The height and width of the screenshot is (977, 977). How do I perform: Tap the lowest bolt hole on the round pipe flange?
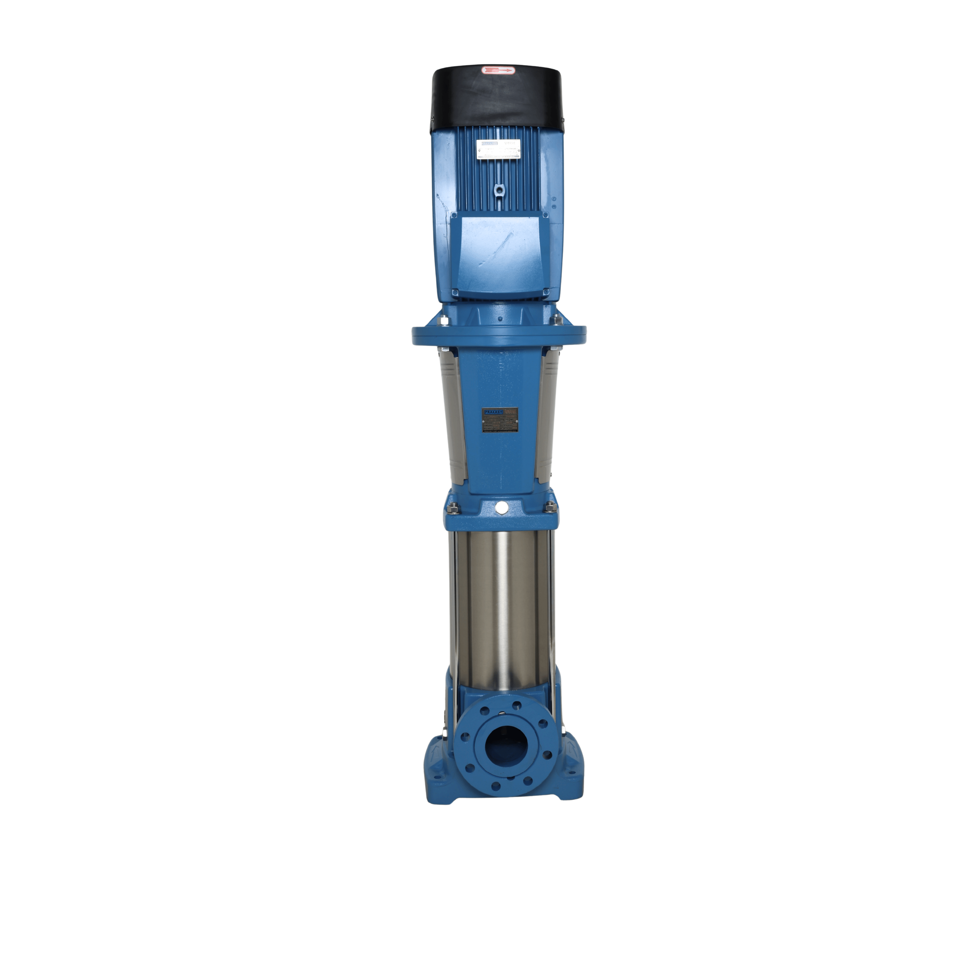point(496,786)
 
